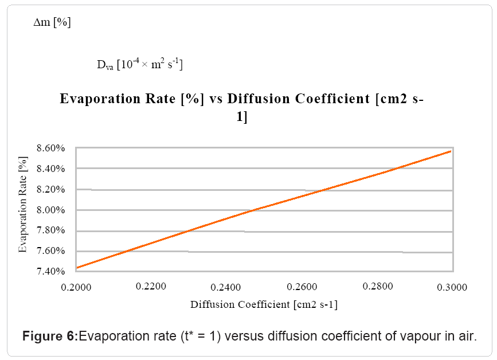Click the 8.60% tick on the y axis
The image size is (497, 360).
click(x=53, y=148)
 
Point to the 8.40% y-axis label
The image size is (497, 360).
click(x=53, y=169)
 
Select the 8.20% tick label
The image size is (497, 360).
click(x=53, y=190)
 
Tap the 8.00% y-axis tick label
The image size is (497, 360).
click(x=53, y=210)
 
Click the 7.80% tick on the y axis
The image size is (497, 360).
click(x=53, y=231)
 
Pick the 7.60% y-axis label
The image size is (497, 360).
click(x=53, y=251)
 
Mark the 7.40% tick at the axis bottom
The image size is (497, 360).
click(x=53, y=271)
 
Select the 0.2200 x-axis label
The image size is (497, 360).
click(x=152, y=285)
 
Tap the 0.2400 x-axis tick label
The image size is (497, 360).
click(x=227, y=286)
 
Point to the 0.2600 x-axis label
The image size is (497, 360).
click(x=302, y=286)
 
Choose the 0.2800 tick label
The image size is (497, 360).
click(x=378, y=286)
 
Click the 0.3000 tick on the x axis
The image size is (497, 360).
click(x=453, y=286)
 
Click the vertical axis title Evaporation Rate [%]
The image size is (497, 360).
click(x=23, y=205)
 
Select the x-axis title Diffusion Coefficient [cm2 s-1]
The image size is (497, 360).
click(x=264, y=304)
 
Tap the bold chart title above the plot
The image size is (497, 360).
click(x=241, y=107)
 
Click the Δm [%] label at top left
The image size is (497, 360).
click(x=52, y=24)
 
